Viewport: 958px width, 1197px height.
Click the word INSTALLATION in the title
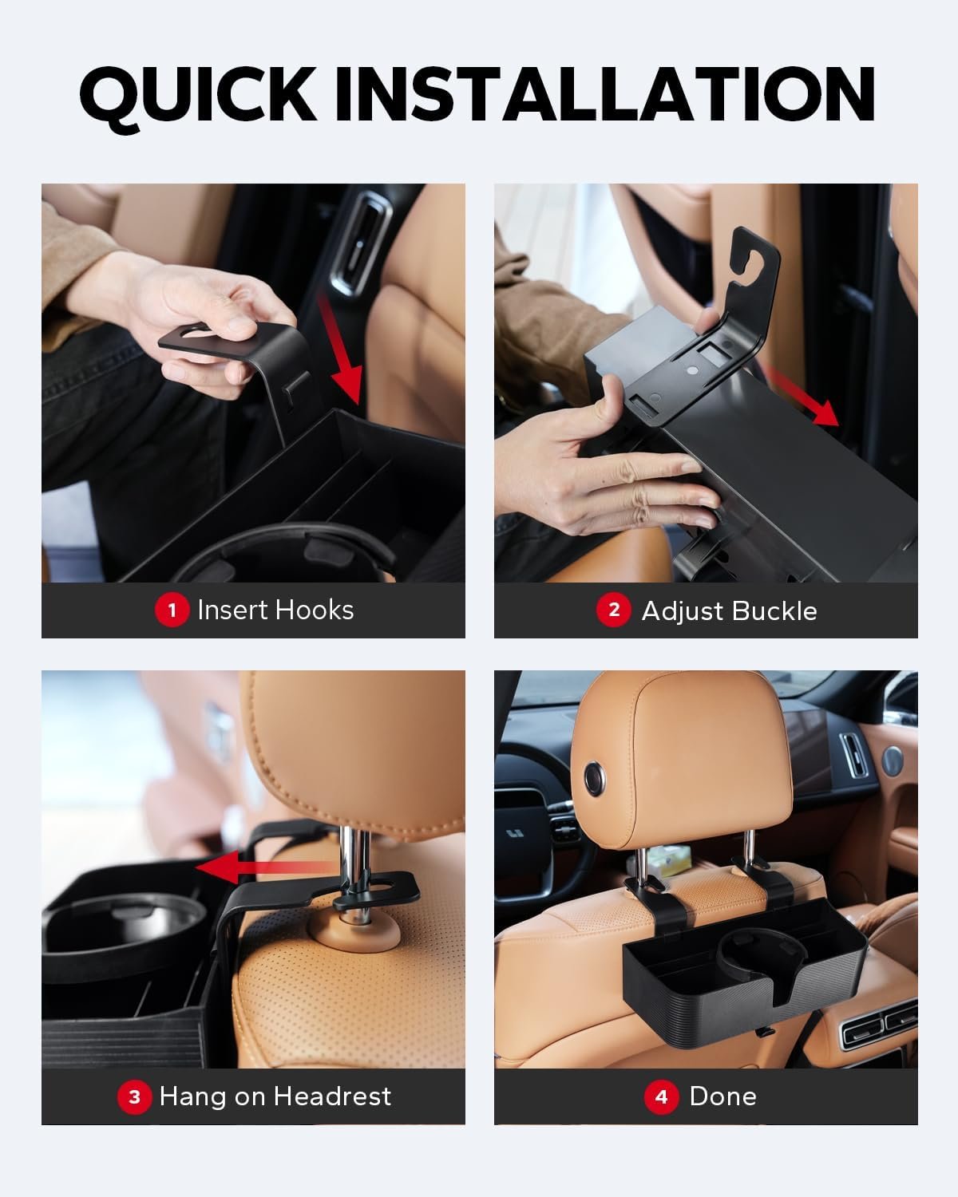[605, 94]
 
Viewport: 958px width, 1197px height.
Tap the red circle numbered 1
[172, 610]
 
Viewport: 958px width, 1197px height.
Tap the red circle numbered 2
[613, 610]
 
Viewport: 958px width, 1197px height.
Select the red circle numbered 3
[134, 1097]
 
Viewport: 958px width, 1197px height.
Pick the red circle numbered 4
[661, 1097]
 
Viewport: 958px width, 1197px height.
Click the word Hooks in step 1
[315, 610]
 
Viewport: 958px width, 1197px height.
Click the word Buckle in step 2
[774, 610]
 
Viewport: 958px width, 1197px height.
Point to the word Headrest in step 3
[333, 1097]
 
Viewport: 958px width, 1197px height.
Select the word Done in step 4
[723, 1097]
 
